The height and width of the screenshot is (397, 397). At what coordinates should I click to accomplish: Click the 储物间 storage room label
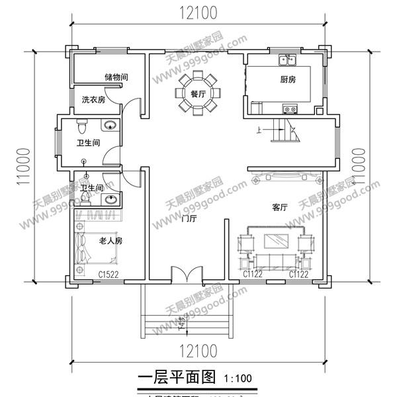(x=115, y=77)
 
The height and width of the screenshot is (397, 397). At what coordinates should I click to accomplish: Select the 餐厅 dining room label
(x=197, y=94)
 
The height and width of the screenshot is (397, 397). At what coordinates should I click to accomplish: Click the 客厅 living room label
(x=279, y=207)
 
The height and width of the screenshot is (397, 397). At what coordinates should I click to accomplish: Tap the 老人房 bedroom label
(x=110, y=240)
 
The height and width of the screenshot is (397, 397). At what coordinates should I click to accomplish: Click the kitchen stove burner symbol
(x=289, y=109)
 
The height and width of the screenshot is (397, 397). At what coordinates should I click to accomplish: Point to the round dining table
(x=197, y=95)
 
